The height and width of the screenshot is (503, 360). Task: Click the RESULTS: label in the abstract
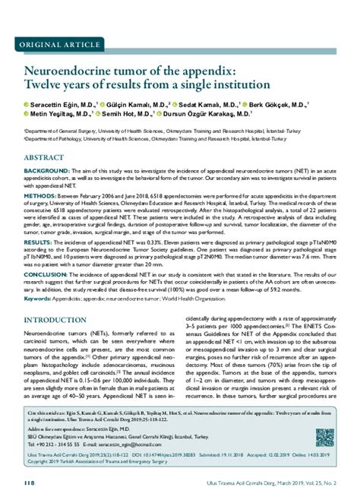coord(39,242)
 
